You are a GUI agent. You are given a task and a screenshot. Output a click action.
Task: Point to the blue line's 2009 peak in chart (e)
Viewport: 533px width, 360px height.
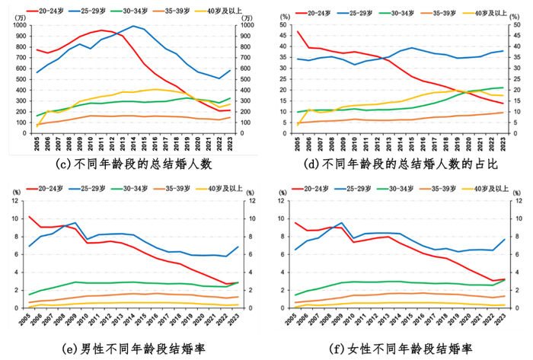[x=75, y=223]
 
